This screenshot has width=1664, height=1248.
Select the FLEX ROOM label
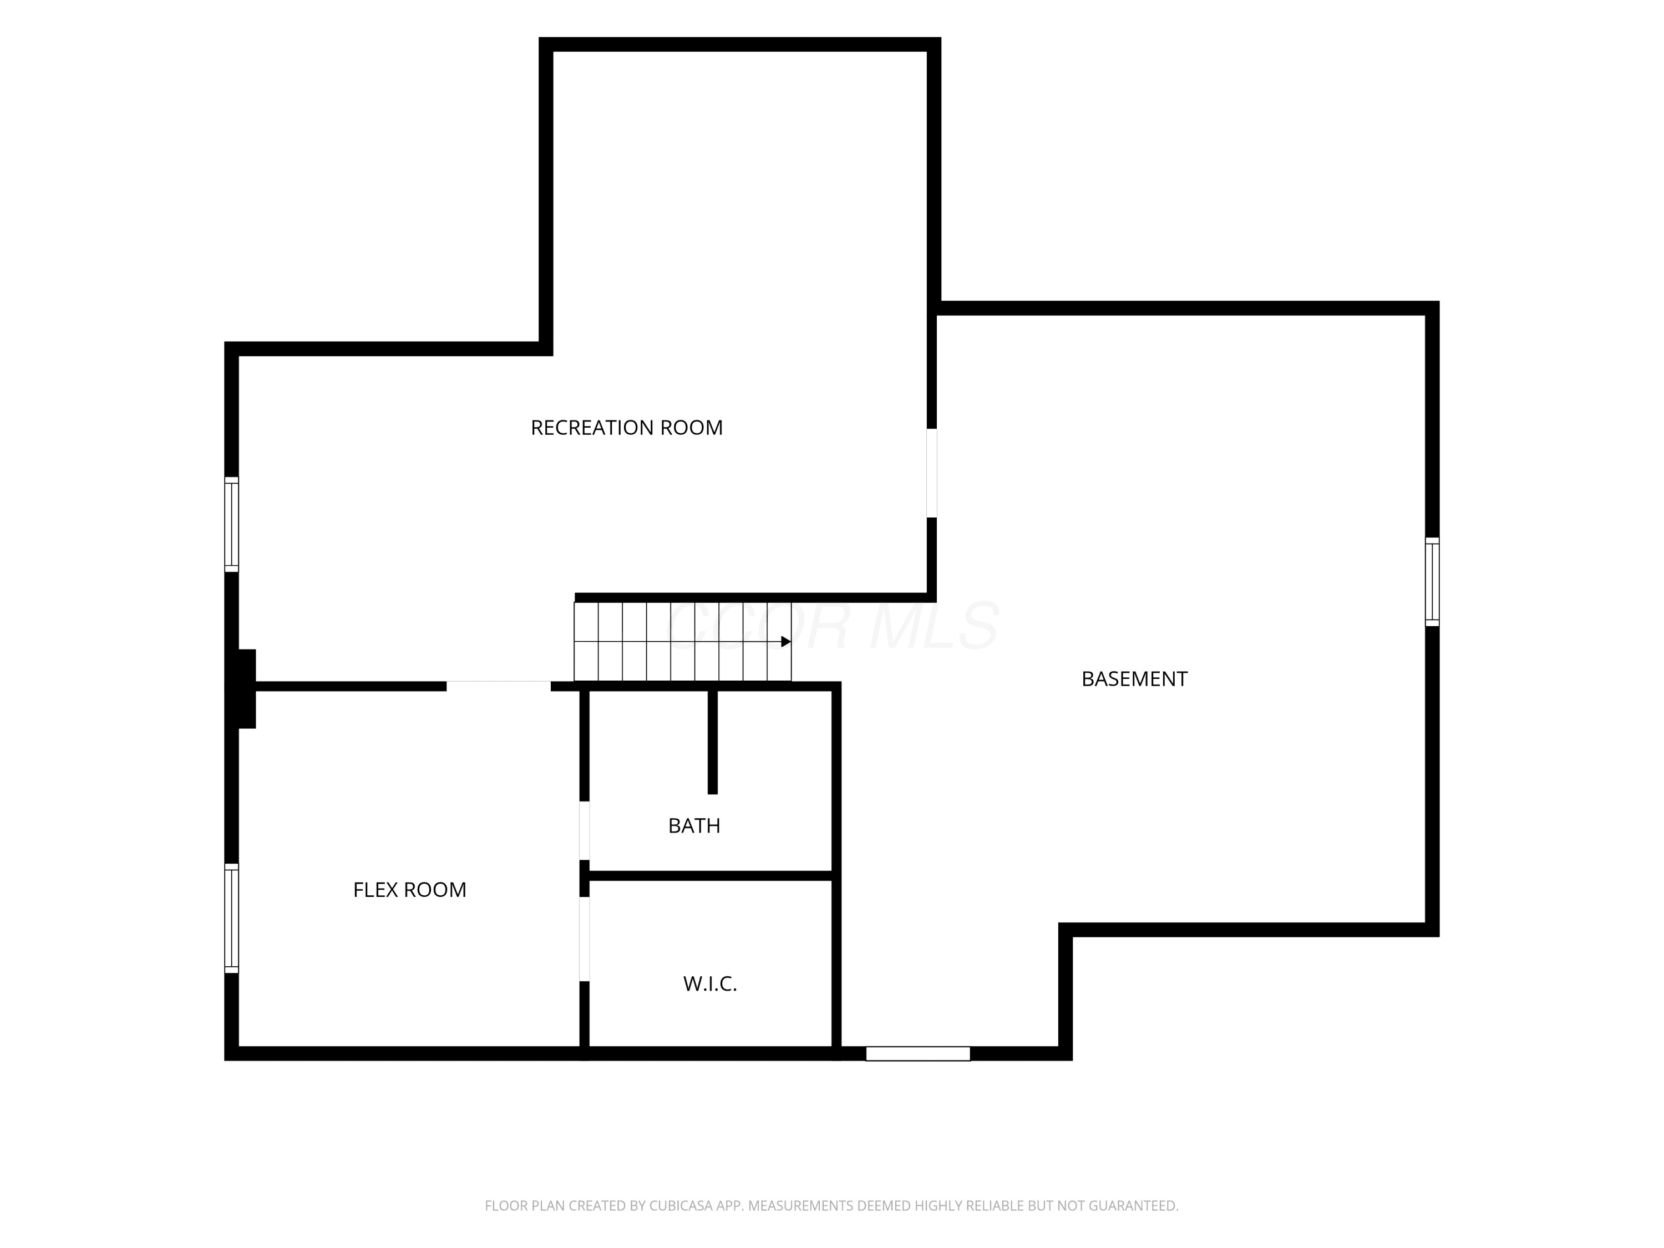point(410,890)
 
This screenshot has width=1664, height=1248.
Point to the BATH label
point(694,826)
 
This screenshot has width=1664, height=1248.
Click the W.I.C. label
point(710,984)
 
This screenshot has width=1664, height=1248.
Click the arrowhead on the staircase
point(786,642)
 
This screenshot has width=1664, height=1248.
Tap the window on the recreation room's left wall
point(232,524)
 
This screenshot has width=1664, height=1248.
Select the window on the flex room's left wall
point(232,919)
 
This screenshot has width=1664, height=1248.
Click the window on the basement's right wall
point(1432,581)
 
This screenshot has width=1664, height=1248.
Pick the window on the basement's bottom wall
point(918,1054)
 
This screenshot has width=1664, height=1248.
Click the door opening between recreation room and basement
point(931,473)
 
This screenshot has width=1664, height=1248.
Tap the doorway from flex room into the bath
point(585,830)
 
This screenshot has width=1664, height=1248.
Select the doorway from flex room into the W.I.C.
point(585,939)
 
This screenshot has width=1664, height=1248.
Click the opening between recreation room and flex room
point(499,686)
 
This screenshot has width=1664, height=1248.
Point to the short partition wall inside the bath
point(712,742)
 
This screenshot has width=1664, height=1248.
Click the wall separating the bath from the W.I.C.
point(710,876)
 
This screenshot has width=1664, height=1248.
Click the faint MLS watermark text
point(934,626)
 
